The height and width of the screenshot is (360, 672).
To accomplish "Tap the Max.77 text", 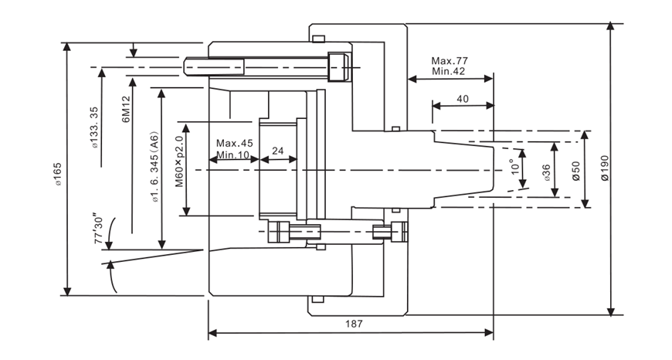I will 450,60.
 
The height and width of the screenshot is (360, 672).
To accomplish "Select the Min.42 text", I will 449,71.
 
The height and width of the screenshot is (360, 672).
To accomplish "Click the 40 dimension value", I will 463,99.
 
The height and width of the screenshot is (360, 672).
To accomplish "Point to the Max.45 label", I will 235,144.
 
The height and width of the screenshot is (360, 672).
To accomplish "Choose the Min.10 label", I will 233,155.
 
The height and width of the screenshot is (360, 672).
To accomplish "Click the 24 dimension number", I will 278,150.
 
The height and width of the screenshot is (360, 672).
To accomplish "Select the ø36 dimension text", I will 546,172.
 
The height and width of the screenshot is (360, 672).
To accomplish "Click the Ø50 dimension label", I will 575,169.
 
